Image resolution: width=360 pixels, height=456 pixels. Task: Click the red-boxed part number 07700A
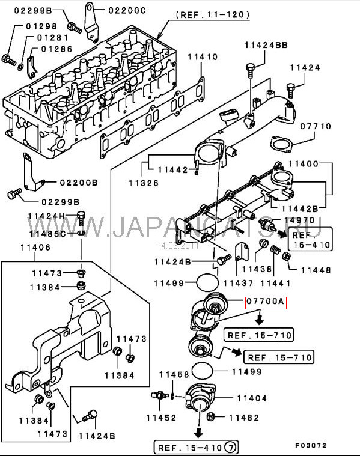(266, 302)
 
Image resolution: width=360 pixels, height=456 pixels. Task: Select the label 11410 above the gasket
(203, 57)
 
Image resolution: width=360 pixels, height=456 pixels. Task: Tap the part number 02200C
(127, 11)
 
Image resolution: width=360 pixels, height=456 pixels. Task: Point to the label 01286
(56, 49)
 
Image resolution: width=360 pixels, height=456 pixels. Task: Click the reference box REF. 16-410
(310, 239)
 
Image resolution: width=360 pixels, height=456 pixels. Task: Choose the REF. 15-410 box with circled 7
(196, 447)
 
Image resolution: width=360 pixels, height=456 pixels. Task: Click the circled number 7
(231, 447)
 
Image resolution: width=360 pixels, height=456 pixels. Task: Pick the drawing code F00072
(311, 446)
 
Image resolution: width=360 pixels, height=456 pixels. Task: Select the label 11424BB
(266, 46)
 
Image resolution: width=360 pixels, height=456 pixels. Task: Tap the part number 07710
(316, 127)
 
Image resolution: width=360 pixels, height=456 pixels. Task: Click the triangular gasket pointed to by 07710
(281, 144)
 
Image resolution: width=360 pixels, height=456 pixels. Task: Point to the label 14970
(299, 220)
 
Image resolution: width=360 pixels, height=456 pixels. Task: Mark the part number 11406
(35, 248)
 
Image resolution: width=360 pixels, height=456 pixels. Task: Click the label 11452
(161, 418)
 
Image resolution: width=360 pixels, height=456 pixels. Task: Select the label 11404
(252, 398)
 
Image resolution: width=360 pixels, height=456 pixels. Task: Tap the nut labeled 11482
(210, 417)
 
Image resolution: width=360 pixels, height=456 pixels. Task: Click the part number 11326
(144, 183)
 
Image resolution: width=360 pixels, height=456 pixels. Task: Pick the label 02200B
(79, 183)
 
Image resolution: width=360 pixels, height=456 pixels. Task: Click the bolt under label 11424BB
(251, 69)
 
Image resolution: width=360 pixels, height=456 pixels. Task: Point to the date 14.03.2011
(177, 246)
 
